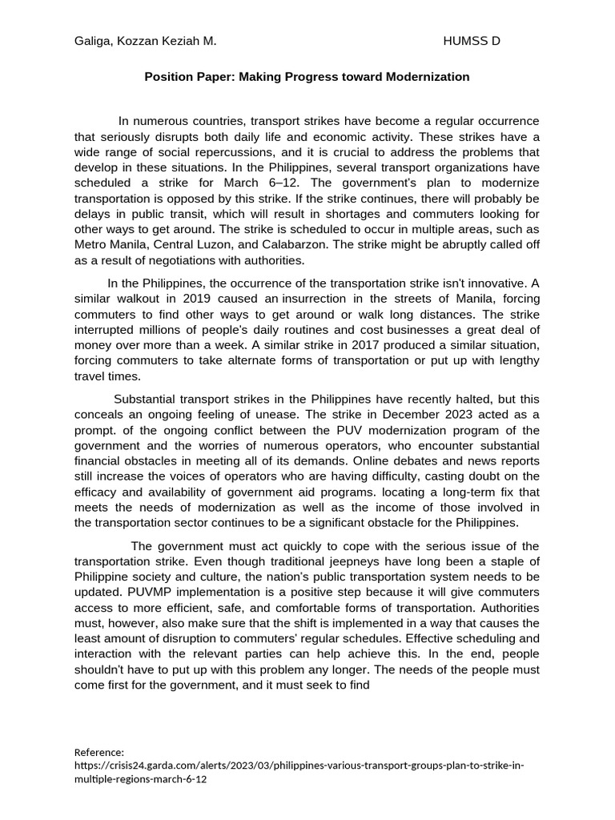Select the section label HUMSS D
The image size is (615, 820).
(472, 41)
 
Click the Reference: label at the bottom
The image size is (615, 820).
(98, 752)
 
